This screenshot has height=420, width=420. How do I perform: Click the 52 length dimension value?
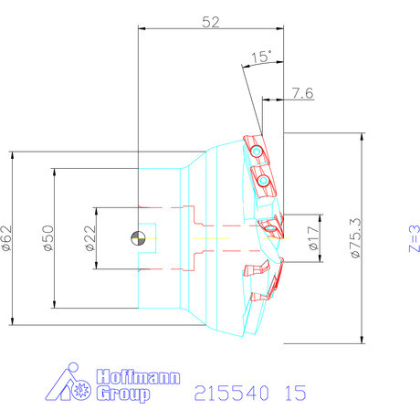coord(211,22)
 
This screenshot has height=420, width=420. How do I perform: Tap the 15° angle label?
coord(261,57)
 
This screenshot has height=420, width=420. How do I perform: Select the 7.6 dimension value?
coord(303,93)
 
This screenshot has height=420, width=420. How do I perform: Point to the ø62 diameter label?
coord(6,238)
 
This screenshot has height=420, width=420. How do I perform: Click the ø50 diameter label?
coord(48,238)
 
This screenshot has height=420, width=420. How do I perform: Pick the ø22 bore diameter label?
coord(90,238)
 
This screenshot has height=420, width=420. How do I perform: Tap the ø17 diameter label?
coord(313,238)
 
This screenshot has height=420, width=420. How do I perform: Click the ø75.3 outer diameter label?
coord(355,238)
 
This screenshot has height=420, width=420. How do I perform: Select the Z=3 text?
coord(415,238)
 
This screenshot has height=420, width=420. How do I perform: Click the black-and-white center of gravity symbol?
coord(138,238)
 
